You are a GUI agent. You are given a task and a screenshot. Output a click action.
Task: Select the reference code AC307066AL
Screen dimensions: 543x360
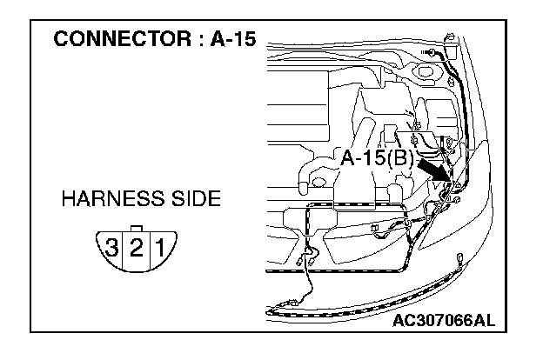(x=443, y=320)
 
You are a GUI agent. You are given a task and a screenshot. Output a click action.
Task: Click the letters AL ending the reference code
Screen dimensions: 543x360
(x=482, y=320)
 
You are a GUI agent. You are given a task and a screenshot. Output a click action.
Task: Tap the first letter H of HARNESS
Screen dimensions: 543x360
(x=68, y=199)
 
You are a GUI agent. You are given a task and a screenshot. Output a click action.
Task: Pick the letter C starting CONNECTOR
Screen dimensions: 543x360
(x=61, y=39)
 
